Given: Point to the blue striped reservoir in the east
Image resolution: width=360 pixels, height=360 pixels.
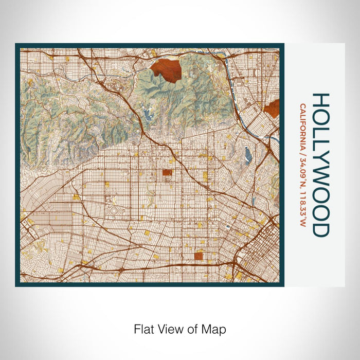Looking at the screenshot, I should [x=249, y=154].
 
